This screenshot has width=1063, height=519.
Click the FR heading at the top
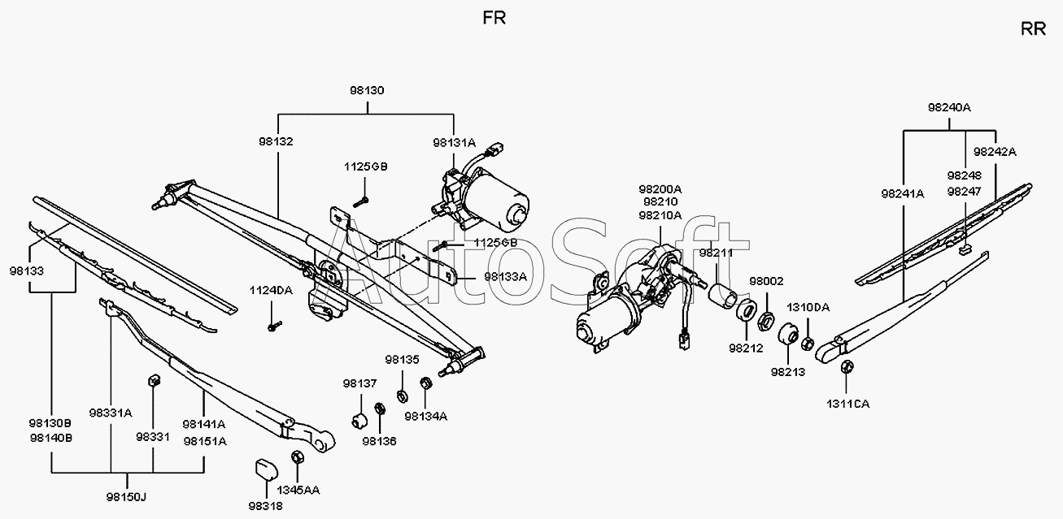click(494, 18)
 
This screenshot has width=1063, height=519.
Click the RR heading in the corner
click(1033, 29)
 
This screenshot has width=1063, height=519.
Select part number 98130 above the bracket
click(367, 90)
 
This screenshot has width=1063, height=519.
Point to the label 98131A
click(454, 142)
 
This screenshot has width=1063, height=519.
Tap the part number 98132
click(276, 141)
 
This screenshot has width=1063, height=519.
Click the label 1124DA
click(271, 290)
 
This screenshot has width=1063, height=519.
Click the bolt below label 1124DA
click(274, 326)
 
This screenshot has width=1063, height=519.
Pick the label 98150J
click(126, 497)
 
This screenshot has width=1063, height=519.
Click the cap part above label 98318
click(267, 469)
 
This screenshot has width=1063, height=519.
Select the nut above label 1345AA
click(297, 457)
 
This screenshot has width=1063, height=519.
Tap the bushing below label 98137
click(360, 419)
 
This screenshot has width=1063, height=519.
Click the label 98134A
click(425, 416)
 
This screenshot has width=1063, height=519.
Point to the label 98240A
click(949, 107)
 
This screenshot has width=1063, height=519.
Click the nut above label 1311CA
click(847, 367)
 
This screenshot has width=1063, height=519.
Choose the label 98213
click(788, 372)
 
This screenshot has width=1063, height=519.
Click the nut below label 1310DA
click(808, 343)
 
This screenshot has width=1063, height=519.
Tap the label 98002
click(766, 281)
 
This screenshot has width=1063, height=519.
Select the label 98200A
click(660, 189)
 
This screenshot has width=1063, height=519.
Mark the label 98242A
click(995, 152)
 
